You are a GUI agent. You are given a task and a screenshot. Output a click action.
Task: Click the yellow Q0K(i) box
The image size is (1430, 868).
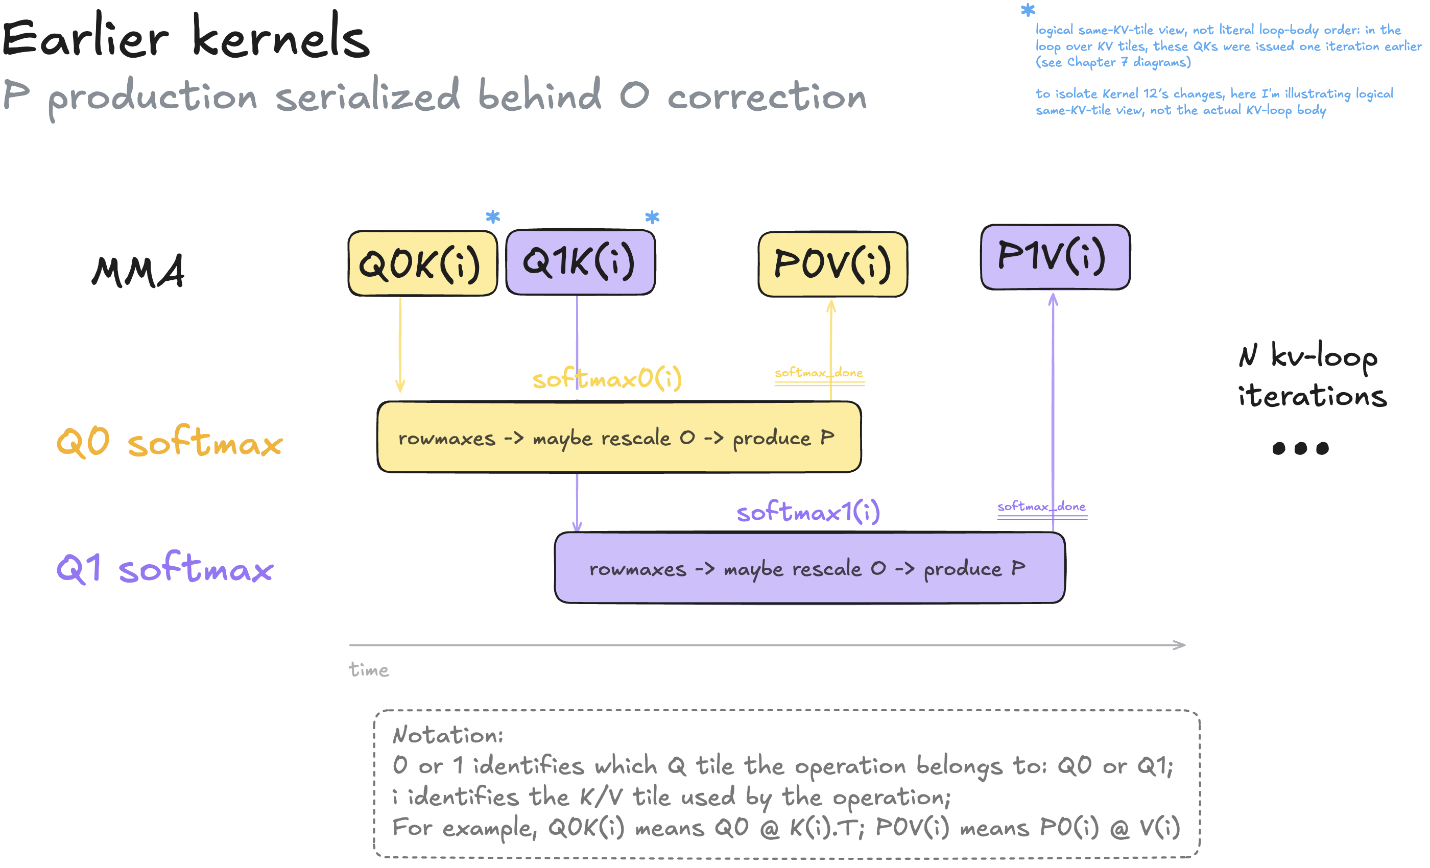[x=422, y=263]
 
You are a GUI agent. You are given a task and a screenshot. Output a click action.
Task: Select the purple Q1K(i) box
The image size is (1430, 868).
[x=580, y=261]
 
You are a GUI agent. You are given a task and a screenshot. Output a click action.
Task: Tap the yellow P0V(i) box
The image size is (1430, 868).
[x=833, y=264]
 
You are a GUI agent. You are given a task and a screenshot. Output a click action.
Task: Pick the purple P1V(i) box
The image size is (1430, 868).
[x=1055, y=256]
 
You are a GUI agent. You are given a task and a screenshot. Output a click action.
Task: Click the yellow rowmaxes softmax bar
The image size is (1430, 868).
[x=618, y=437]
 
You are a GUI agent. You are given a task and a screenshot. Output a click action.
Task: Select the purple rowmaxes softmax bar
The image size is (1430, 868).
[x=809, y=567]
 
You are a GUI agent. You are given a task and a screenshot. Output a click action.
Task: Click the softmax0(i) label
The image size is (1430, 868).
[x=607, y=378]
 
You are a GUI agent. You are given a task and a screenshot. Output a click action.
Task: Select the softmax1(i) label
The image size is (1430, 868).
[x=808, y=511]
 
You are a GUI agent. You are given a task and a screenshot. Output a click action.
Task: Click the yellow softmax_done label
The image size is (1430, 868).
[x=819, y=373]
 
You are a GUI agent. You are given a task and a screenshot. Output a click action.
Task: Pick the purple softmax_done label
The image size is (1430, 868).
[x=1042, y=507]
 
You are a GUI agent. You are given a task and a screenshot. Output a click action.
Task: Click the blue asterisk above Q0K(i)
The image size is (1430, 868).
[x=493, y=217]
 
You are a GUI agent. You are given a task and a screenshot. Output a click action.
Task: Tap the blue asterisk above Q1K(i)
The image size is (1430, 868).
[x=652, y=217]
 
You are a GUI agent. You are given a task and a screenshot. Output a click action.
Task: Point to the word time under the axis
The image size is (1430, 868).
[x=369, y=669]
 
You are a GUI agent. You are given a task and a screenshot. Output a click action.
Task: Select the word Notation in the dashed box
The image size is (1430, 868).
[x=447, y=735]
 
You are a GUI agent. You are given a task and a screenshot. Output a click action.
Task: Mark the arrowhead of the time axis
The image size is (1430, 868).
[x=1184, y=644]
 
